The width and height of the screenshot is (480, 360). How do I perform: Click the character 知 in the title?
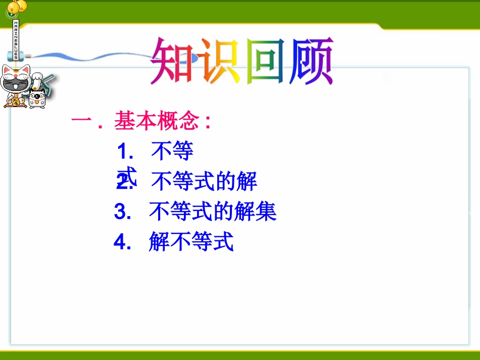[x=172, y=62]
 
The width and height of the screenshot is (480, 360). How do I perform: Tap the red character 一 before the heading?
[x=81, y=121]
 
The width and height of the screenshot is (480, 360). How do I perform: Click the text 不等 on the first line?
[x=172, y=150]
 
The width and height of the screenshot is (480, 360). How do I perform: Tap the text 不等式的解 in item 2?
[x=204, y=181]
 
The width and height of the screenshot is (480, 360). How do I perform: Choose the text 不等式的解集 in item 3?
[x=213, y=212]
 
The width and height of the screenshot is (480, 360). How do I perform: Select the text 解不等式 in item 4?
[x=191, y=242]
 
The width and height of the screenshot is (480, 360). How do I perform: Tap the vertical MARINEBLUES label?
[x=16, y=40]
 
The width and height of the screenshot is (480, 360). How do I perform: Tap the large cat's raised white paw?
[x=38, y=79]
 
